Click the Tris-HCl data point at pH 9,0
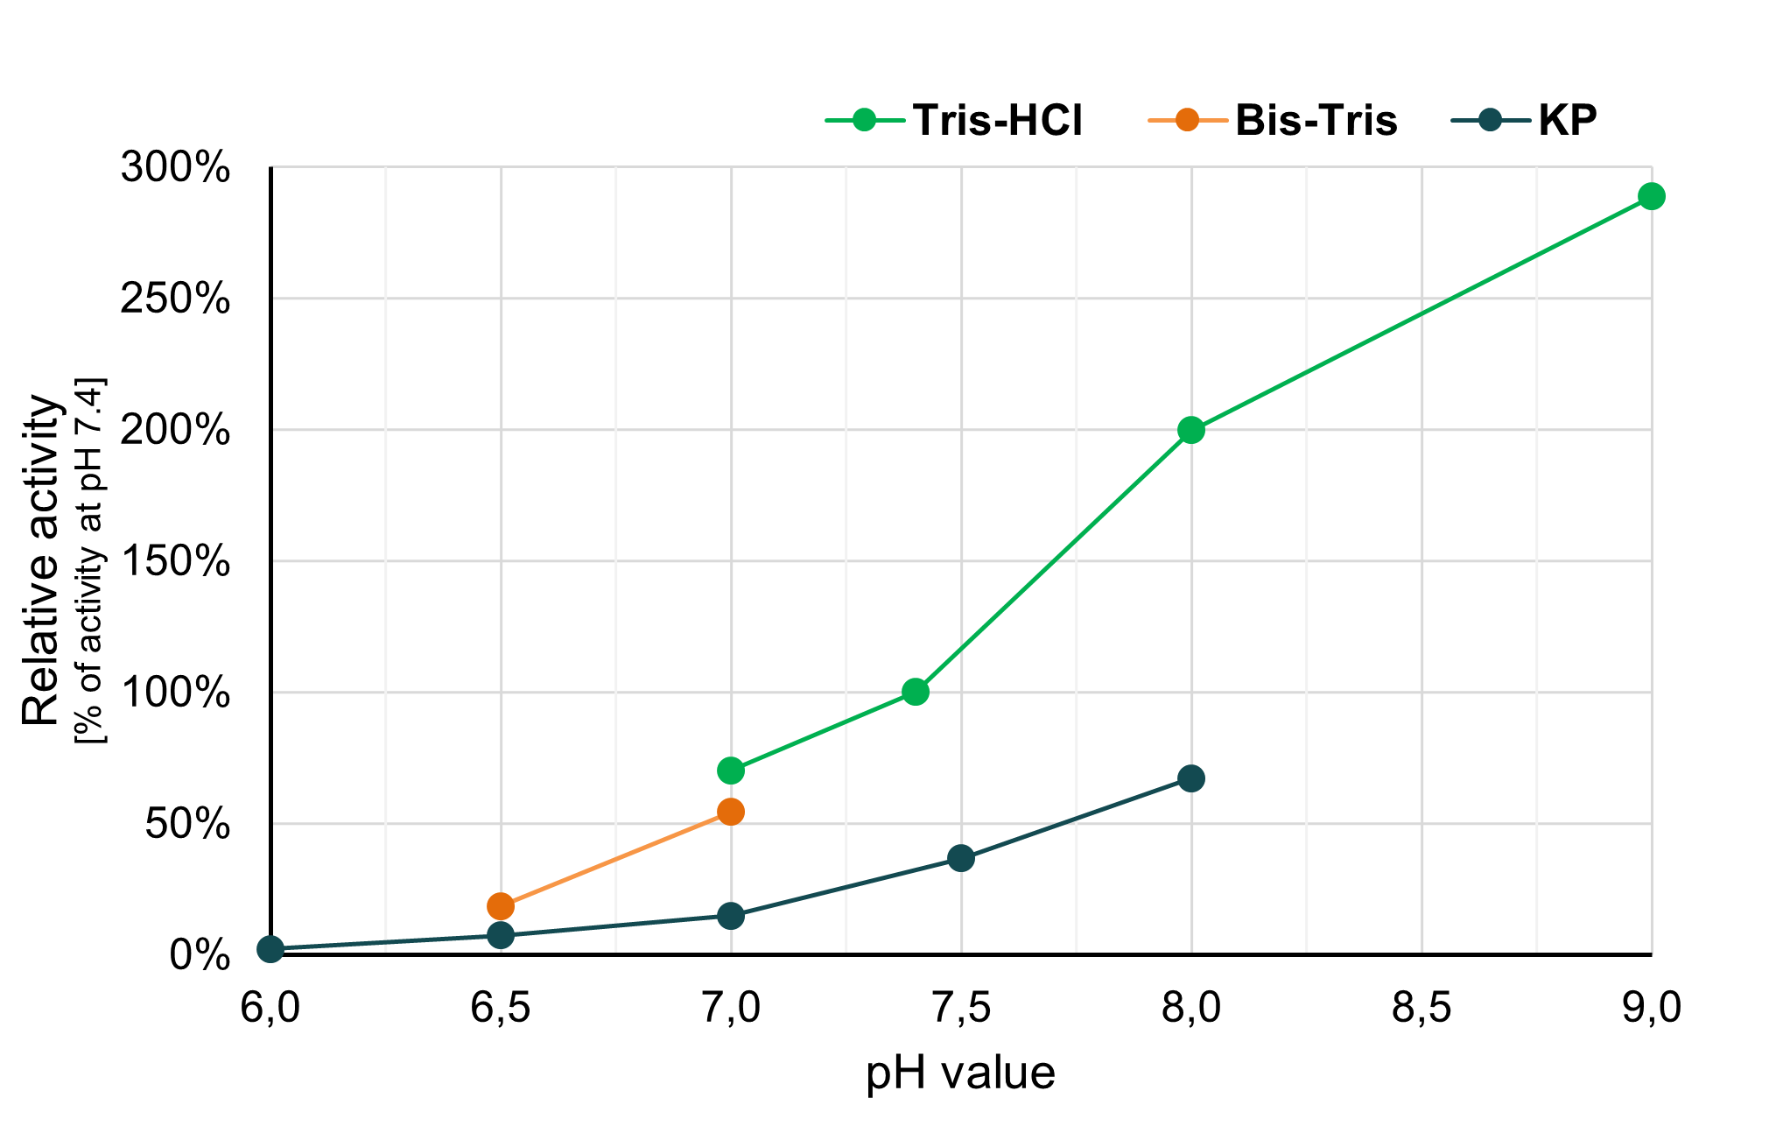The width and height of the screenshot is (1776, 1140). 1651,196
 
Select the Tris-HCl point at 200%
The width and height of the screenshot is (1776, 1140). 1190,430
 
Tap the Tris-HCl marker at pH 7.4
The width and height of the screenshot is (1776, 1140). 915,692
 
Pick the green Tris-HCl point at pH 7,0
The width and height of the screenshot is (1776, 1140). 731,771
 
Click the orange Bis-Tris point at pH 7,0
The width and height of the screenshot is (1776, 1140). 731,812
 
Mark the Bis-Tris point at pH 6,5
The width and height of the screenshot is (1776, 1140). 501,905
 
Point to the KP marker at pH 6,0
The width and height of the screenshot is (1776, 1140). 270,949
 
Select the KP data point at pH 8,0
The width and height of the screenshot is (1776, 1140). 1190,778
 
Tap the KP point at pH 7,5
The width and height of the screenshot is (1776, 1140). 961,858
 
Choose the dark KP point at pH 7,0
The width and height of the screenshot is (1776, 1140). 731,916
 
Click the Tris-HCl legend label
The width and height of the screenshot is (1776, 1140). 997,120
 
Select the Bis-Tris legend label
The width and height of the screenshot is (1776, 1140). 1316,120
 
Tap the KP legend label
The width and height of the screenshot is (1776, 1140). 1567,120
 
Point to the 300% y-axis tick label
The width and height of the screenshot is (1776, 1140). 175,167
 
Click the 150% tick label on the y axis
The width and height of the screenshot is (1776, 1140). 175,561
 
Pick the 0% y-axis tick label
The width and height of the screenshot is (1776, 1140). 200,955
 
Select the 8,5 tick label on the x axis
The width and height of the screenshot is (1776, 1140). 1421,1009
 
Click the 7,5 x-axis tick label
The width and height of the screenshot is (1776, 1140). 961,1009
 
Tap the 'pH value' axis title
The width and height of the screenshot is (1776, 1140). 960,1073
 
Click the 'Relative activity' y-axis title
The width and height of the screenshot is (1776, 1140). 41,560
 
